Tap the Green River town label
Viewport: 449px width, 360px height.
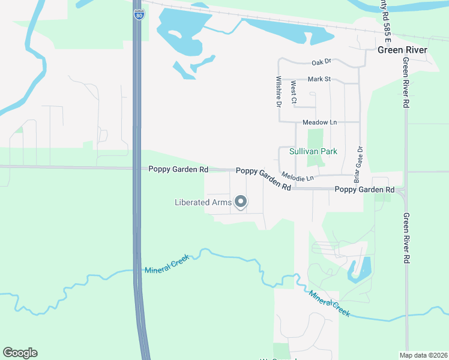point(402,50)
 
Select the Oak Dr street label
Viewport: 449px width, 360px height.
point(321,62)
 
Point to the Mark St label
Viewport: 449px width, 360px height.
point(319,79)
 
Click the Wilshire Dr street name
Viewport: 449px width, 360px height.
point(279,91)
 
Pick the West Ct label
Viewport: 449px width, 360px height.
point(293,92)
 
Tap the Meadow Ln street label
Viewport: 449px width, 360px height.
point(319,122)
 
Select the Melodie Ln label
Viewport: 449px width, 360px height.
point(297,178)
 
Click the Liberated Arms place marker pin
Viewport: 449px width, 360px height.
point(241,202)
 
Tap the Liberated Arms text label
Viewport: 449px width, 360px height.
point(203,202)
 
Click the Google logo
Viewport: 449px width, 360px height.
point(20,353)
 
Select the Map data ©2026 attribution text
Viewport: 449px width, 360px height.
point(423,355)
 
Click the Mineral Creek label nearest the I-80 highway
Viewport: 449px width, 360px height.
point(167,264)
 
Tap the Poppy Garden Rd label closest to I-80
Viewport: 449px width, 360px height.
point(178,170)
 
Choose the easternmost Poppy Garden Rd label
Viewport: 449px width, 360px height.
point(364,190)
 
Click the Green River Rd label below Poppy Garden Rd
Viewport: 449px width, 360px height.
point(406,238)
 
